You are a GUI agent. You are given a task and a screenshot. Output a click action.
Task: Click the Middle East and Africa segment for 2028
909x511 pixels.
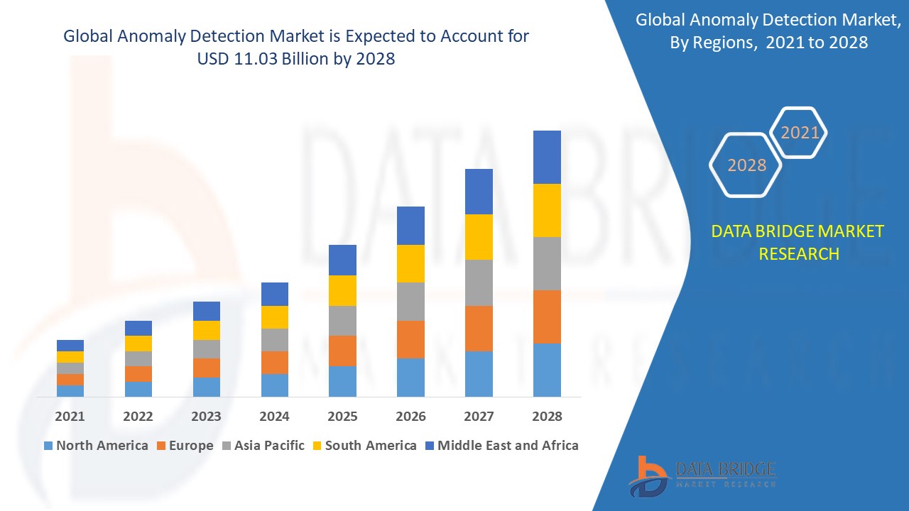click(547, 157)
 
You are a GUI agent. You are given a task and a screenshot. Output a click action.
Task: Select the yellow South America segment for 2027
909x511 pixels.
click(479, 236)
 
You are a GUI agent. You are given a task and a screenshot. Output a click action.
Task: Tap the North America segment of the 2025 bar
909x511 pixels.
click(342, 381)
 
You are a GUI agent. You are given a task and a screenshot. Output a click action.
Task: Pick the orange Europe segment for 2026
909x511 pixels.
click(410, 339)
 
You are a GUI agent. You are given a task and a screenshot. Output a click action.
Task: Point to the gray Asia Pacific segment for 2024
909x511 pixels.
click(275, 339)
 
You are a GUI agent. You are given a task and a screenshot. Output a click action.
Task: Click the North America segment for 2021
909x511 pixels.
click(70, 390)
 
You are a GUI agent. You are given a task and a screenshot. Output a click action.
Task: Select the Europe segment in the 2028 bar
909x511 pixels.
click(547, 317)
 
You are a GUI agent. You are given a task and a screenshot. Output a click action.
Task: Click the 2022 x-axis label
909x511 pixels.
click(138, 417)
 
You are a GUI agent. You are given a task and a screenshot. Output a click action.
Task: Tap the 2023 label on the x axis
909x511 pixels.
click(206, 417)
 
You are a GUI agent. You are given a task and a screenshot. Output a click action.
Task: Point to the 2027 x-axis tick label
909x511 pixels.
click(479, 417)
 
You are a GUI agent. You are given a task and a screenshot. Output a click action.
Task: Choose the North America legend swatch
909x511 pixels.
click(48, 446)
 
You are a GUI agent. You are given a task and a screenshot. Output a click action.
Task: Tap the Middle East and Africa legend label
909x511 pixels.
click(508, 446)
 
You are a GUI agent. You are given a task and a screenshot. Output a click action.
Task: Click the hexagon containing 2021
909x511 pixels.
click(800, 133)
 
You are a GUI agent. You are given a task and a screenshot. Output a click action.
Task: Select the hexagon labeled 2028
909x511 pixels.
click(746, 165)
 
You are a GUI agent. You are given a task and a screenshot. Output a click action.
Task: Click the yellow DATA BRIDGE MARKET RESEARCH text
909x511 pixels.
click(798, 242)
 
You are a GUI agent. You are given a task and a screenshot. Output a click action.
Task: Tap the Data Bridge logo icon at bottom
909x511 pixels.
click(647, 476)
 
